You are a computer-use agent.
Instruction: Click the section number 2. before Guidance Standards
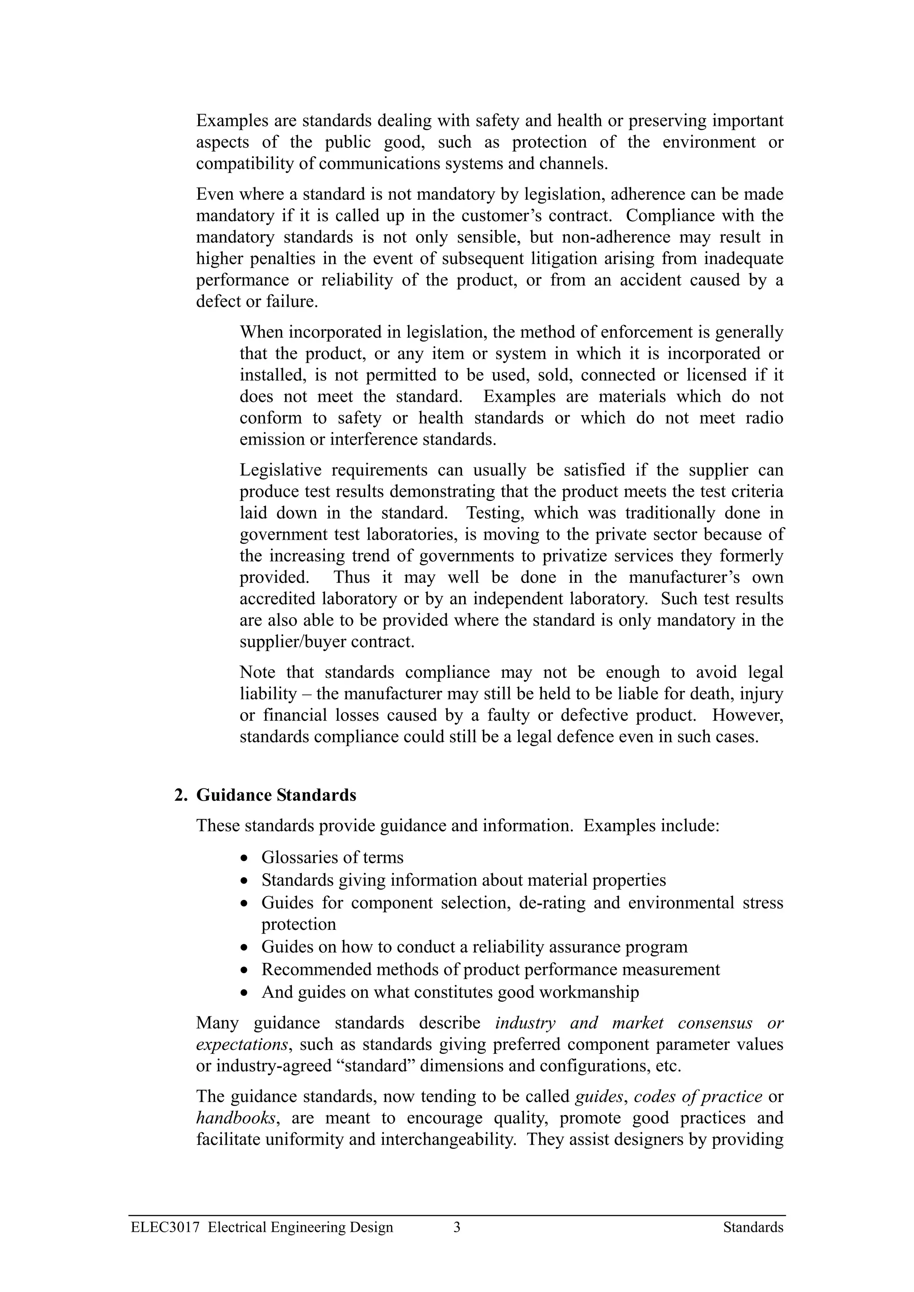point(180,795)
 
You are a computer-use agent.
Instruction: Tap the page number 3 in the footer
point(457,1228)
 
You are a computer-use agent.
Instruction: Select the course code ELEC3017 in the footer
point(165,1228)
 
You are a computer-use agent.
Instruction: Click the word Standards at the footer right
point(753,1228)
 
